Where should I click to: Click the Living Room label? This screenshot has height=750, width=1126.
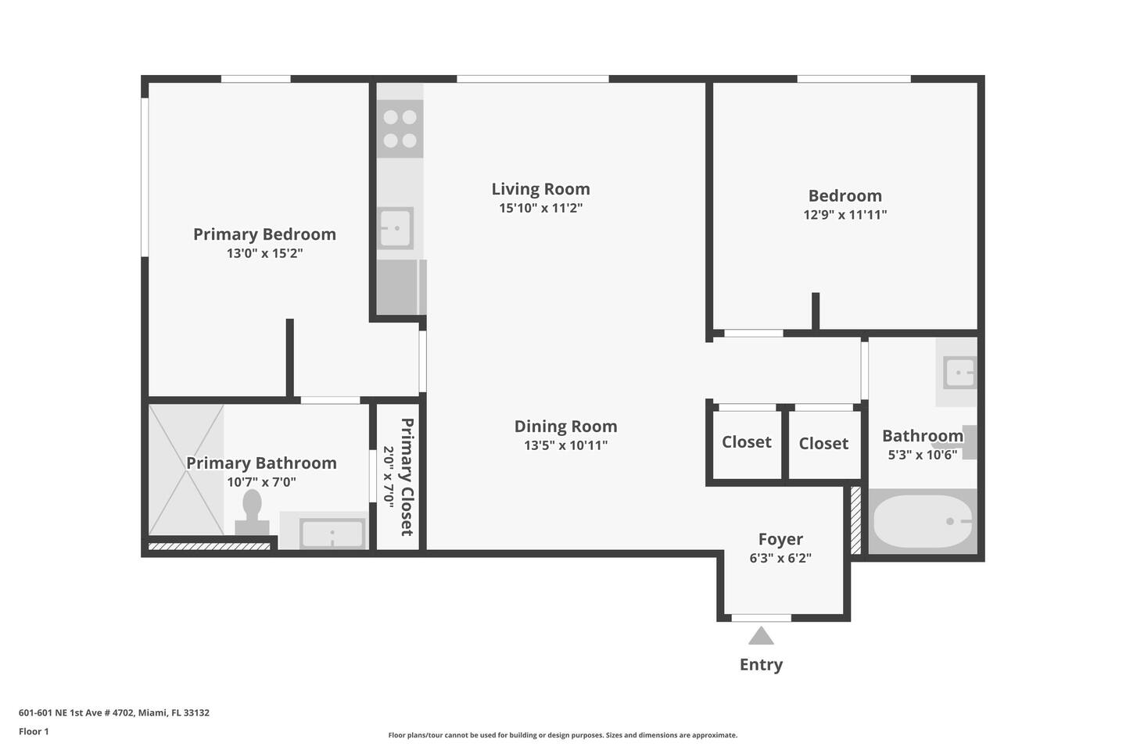(540, 189)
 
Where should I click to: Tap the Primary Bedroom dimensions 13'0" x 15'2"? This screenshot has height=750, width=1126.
(264, 252)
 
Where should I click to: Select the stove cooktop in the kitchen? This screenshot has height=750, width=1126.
(400, 129)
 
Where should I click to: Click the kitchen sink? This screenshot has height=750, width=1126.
(396, 228)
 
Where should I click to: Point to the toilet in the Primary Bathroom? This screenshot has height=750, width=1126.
(252, 512)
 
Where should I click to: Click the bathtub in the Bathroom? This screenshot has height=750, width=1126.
(923, 521)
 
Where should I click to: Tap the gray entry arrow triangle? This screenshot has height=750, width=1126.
(761, 635)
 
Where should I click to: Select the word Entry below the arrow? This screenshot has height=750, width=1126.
(761, 665)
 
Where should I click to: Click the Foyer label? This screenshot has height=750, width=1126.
(780, 538)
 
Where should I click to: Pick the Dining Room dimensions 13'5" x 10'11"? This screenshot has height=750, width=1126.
(565, 445)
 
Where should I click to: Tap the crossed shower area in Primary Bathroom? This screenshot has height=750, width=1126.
(186, 470)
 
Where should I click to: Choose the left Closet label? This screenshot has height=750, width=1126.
(747, 441)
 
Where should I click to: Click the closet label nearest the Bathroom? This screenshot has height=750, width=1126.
(823, 443)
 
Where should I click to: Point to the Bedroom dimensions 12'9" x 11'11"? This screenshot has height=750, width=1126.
(845, 215)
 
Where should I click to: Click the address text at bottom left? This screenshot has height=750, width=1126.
(114, 712)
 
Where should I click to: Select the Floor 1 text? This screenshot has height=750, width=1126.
(34, 731)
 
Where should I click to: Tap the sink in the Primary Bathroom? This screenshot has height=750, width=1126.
(332, 533)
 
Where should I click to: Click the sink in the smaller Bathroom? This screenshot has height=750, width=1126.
(959, 373)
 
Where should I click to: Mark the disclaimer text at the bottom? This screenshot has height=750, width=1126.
(562, 735)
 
